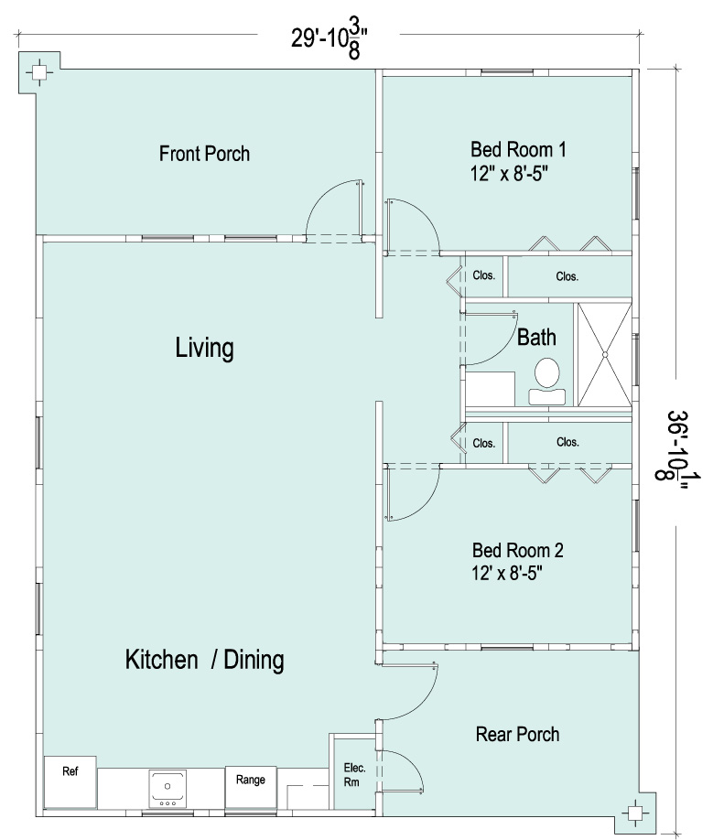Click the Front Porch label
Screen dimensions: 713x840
[x=204, y=154]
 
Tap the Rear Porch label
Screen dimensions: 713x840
[x=517, y=734]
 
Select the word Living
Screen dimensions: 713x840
[x=205, y=349]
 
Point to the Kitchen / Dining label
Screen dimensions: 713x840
[x=205, y=660]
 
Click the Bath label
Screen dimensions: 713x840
[x=536, y=338]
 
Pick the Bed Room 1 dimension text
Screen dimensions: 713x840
[x=510, y=174]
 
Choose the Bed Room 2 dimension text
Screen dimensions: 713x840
[x=507, y=573]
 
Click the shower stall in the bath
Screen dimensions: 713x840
[x=605, y=354]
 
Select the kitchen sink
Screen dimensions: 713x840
[x=167, y=789]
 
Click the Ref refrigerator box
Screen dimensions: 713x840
[x=70, y=782]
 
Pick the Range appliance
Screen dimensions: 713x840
[x=251, y=788]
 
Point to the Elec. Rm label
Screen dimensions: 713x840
[x=354, y=775]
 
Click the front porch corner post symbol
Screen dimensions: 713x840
[x=38, y=72]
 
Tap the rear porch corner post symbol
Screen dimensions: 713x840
[x=635, y=813]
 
